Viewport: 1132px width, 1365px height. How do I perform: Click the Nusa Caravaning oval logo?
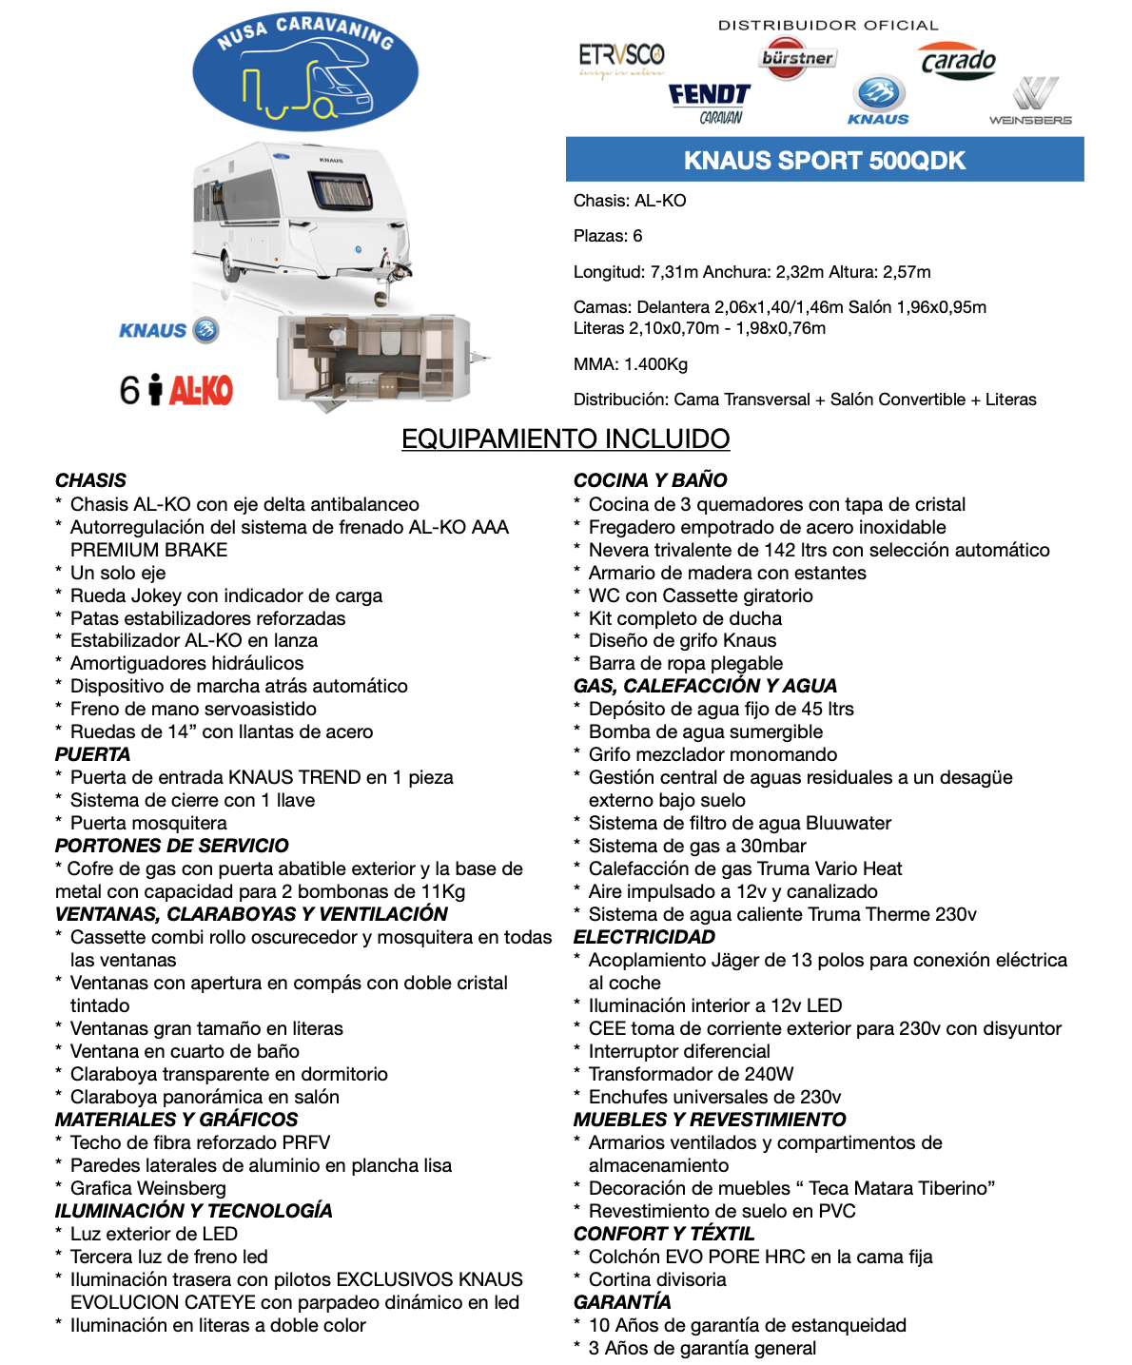tap(305, 71)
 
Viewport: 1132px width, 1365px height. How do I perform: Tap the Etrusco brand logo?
tap(622, 59)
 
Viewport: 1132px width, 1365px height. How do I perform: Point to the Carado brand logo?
tap(958, 62)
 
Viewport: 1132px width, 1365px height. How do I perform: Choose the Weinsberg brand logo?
tap(1031, 103)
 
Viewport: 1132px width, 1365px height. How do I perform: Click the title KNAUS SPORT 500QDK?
tap(824, 160)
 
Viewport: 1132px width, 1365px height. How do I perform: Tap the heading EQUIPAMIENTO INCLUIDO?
tap(565, 439)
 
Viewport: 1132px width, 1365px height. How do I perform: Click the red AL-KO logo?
tap(201, 390)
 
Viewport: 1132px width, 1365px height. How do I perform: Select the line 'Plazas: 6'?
tap(608, 236)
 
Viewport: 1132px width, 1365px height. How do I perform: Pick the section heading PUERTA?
tap(92, 754)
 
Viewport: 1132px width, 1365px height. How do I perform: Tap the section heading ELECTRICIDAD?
tap(644, 937)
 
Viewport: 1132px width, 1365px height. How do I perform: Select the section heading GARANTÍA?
tap(622, 1302)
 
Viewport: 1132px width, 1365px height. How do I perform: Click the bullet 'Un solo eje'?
tap(118, 573)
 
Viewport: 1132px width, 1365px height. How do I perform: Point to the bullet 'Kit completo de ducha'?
tap(685, 618)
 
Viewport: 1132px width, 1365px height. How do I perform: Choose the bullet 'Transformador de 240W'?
tap(691, 1074)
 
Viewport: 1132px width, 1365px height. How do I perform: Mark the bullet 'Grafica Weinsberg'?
tap(148, 1188)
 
